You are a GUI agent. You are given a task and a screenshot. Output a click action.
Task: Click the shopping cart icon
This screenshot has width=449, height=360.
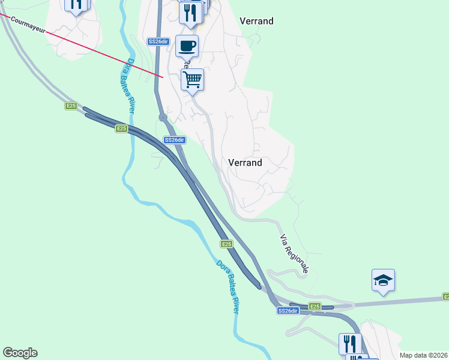point(192,80)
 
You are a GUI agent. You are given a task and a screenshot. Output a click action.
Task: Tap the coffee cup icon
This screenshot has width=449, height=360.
point(187,46)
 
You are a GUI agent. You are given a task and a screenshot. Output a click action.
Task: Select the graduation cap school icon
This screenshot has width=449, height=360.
point(383,280)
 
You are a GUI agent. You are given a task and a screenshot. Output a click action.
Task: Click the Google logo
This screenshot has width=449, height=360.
point(20,353)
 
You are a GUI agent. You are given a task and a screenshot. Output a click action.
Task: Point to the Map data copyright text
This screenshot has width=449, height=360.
point(423,355)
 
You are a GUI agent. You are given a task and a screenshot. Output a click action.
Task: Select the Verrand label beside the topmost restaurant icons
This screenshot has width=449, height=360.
point(256,21)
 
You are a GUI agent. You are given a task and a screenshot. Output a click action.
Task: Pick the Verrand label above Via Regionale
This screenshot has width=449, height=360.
point(245,163)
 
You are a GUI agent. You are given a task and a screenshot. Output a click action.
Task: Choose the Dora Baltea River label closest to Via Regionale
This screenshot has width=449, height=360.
point(227,286)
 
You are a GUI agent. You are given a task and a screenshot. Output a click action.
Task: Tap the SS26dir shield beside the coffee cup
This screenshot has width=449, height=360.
point(158,41)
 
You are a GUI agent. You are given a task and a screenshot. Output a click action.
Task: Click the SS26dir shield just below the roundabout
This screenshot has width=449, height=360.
point(175,140)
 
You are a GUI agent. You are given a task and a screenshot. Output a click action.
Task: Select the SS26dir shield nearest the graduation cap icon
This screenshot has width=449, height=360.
point(288,311)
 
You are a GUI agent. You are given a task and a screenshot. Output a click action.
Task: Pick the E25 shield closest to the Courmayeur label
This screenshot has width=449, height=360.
point(71,106)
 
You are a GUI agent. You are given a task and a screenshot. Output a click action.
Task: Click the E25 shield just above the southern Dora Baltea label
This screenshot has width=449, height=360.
point(226,244)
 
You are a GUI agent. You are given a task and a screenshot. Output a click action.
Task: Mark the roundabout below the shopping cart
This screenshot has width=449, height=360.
point(163,118)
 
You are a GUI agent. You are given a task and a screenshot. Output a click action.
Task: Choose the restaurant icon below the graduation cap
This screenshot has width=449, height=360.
point(350,344)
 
